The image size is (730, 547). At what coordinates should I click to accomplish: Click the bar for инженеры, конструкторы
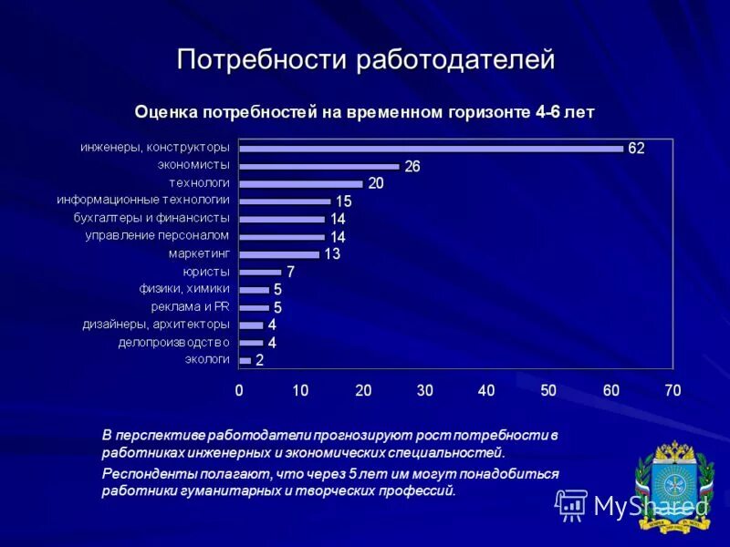point(431,149)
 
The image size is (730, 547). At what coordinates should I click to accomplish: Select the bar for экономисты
point(319,166)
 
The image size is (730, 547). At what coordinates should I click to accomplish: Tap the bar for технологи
point(301,183)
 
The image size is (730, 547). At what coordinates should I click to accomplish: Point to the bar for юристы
point(260,272)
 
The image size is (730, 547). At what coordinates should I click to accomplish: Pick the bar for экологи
point(245,361)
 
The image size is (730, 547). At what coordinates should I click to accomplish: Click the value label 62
point(636,149)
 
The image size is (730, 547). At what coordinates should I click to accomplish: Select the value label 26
point(412,166)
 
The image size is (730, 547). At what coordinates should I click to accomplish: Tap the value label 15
point(344,201)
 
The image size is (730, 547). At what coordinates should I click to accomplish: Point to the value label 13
point(331,254)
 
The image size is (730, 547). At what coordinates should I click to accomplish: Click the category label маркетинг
point(199,253)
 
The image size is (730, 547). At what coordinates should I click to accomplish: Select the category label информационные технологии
point(143,201)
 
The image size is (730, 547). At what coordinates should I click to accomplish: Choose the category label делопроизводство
point(173,342)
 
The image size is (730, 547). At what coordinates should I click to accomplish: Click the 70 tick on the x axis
point(673,390)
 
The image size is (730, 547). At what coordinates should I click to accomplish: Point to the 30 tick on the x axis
point(424,390)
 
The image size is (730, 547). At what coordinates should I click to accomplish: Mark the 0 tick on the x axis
point(239,390)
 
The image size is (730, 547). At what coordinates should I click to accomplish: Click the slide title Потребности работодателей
point(365,60)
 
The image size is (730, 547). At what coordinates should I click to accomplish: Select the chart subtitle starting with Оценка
point(365,112)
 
